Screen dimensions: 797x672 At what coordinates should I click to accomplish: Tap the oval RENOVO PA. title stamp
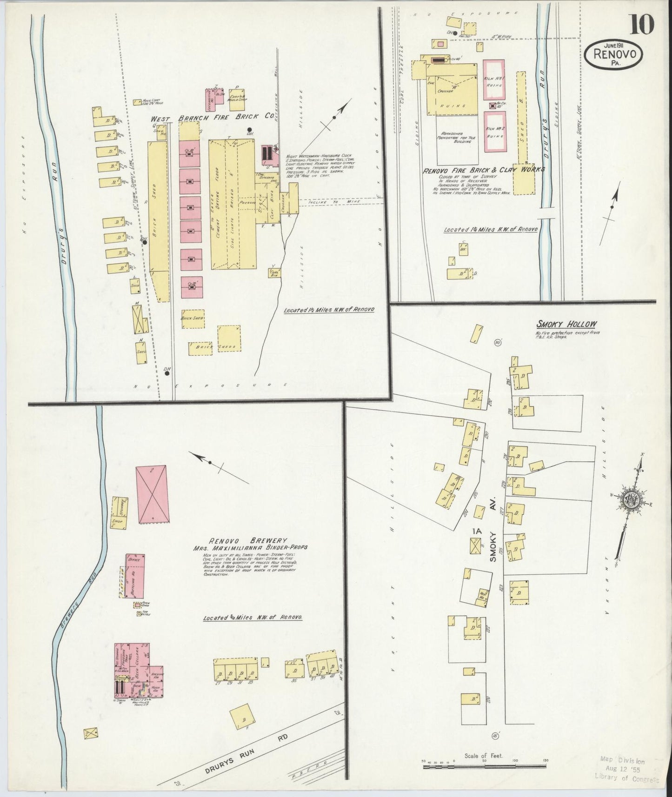[617, 55]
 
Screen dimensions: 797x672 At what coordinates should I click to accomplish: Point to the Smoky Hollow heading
[567, 325]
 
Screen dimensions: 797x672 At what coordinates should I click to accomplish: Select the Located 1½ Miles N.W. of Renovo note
[329, 309]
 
